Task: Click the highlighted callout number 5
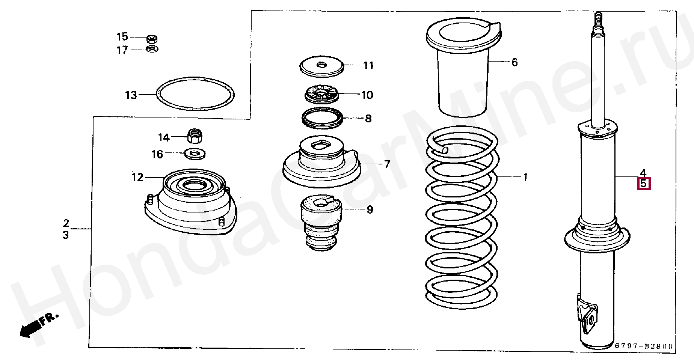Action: pyautogui.click(x=644, y=184)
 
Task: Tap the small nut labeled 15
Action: pyautogui.click(x=152, y=39)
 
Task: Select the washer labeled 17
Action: pyautogui.click(x=152, y=49)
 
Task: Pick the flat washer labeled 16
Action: pyautogui.click(x=195, y=153)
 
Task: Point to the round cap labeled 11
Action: pyautogui.click(x=321, y=66)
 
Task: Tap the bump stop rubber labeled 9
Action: pyautogui.click(x=321, y=221)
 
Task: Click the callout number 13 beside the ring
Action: pyautogui.click(x=131, y=95)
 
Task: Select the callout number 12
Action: pyautogui.click(x=137, y=177)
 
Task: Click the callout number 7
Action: pyautogui.click(x=387, y=164)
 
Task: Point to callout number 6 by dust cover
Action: pyautogui.click(x=514, y=62)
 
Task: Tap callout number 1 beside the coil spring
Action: pyautogui.click(x=525, y=177)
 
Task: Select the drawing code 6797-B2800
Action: pyautogui.click(x=644, y=346)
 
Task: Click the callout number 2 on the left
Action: pyautogui.click(x=66, y=223)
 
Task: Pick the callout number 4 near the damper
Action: pyautogui.click(x=643, y=173)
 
